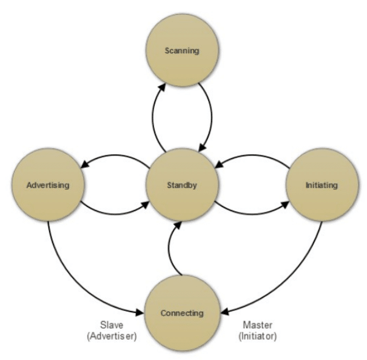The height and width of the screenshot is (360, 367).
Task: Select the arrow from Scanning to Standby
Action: pyautogui.click(x=210, y=116)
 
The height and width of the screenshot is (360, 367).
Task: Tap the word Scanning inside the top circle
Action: pyautogui.click(x=182, y=51)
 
